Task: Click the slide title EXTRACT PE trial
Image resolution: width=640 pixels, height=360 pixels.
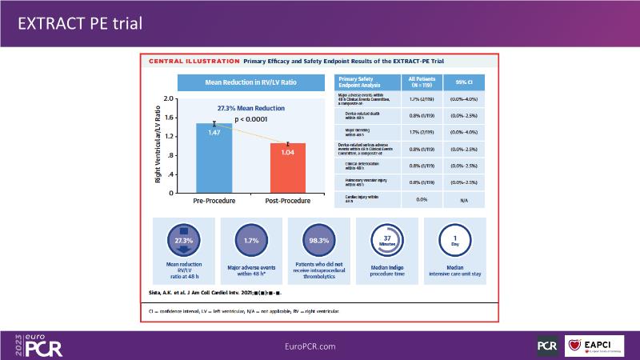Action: [x=80, y=24]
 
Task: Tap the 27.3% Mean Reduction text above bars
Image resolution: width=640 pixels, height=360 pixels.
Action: [x=250, y=108]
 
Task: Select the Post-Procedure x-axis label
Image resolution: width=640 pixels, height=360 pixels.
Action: [x=287, y=201]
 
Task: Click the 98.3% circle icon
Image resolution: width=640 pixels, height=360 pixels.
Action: [x=318, y=238]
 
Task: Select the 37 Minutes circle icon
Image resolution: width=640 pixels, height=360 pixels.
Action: [x=386, y=238]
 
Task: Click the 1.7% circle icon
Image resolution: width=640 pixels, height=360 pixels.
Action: [x=250, y=238]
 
